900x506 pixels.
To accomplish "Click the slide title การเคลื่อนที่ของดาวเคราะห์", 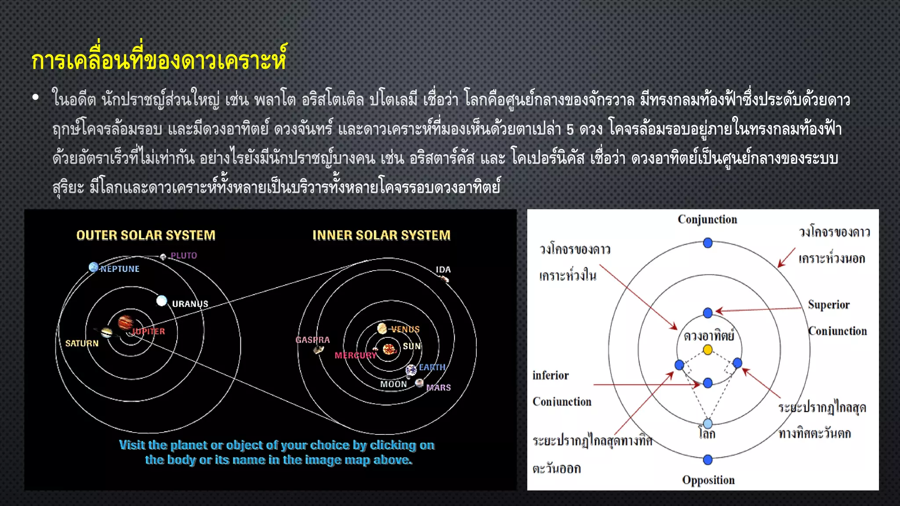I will (159, 60).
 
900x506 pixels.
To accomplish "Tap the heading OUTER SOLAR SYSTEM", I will (146, 235).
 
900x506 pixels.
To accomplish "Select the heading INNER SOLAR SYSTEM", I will (381, 235).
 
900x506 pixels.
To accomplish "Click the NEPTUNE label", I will (120, 269).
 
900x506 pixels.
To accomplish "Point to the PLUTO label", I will (184, 256).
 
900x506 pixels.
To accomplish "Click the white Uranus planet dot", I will (162, 301).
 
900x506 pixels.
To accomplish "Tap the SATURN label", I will (82, 343).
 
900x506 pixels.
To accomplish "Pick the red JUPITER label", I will (149, 331).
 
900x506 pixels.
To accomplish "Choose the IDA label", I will (443, 270).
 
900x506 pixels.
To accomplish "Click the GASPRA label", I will (312, 340).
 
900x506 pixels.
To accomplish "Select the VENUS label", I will (405, 329).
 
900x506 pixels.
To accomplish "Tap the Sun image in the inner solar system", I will (389, 349).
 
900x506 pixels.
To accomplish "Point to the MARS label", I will (439, 387).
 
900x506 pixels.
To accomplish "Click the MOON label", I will (393, 384).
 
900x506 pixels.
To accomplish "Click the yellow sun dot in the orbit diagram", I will (708, 350).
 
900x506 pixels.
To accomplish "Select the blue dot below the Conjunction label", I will (708, 243).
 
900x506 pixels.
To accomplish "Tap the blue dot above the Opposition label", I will (708, 460).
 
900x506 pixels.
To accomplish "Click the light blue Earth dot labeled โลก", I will (708, 423).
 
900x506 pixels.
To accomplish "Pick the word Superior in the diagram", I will (828, 305).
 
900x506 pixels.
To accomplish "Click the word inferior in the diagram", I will (550, 376).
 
